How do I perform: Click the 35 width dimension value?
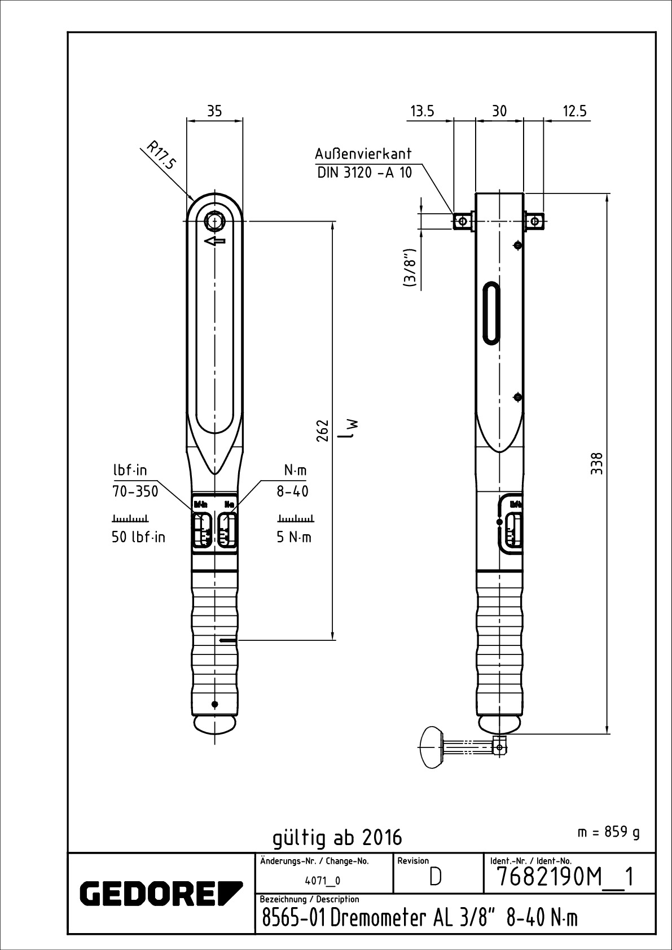coord(214,111)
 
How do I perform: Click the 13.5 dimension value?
coord(422,111)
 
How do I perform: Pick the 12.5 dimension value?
coord(574,111)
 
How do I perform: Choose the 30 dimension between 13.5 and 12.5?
coord(499,111)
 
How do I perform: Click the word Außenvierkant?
coord(363,154)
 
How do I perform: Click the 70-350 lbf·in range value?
coord(135,491)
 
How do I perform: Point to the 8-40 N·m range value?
coord(292,491)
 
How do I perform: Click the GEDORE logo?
coord(161,892)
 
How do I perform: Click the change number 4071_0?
coord(322,881)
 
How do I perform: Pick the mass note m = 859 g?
coord(609,832)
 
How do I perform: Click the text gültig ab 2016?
coord(337,837)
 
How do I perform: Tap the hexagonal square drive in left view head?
coord(214,221)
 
